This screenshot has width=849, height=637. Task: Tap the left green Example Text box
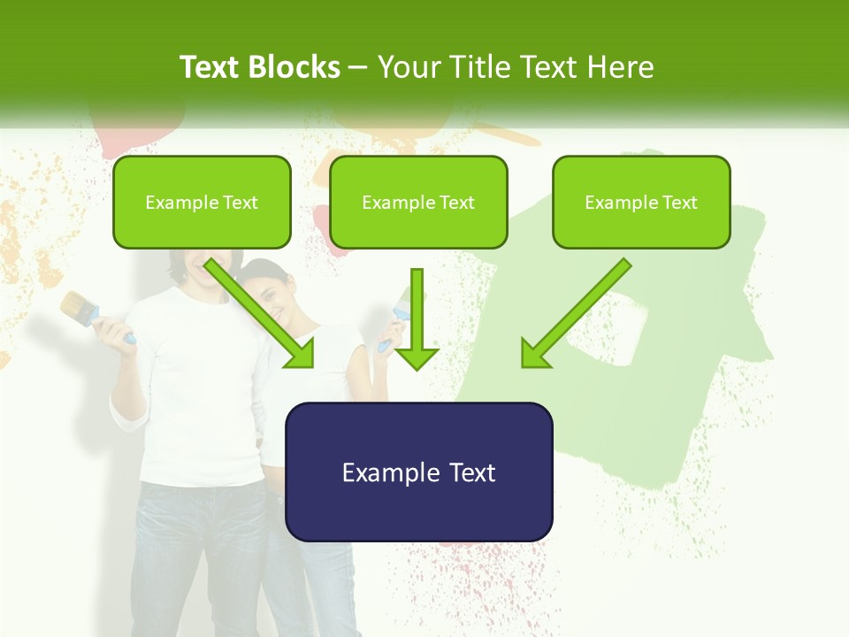point(202,203)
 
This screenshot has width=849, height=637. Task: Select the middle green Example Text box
point(418,203)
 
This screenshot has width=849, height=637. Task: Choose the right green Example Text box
point(641,203)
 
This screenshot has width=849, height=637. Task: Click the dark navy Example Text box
point(418,472)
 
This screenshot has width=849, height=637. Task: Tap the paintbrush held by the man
point(85,310)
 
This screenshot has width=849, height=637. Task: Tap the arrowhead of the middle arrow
point(417,357)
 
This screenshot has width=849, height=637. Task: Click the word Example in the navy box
point(379,472)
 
